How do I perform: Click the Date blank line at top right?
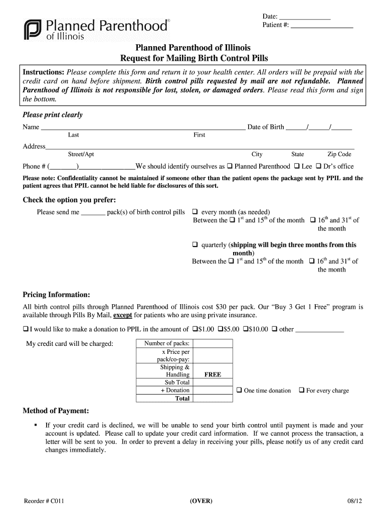pos(304,18)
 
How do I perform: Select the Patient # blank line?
pos(322,27)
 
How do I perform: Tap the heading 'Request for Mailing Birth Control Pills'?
pos(194,58)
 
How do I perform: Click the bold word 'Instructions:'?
pos(44,72)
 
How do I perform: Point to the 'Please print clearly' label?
pos(53,115)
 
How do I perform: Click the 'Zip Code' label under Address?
pos(339,155)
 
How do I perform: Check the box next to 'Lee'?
pos(297,166)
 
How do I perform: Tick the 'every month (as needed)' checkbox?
pos(196,212)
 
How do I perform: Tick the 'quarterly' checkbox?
pos(196,245)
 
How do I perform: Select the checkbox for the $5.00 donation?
pos(221,329)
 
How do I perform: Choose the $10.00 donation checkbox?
pos(246,329)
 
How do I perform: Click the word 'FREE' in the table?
pos(213,374)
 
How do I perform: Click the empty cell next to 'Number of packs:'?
pos(213,343)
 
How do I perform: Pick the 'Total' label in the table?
pos(182,399)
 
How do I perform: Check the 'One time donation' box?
pos(239,390)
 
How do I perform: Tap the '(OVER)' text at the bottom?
pos(201,501)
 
